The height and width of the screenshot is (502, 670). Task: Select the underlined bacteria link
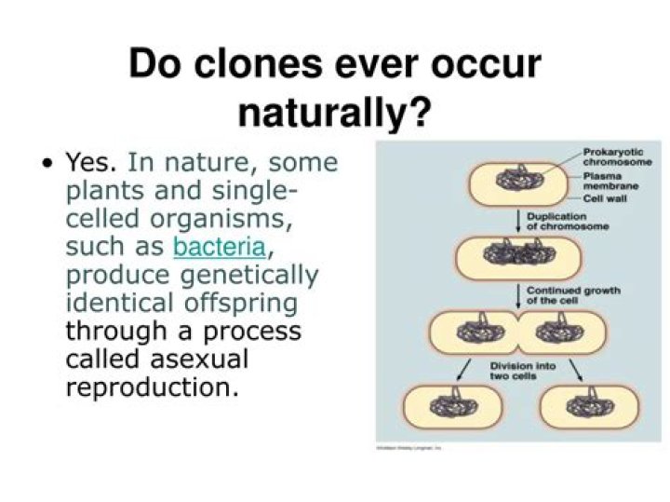tap(220, 247)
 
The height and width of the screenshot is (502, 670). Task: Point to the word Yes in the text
tap(90, 163)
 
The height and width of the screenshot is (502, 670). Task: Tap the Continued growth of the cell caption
tap(573, 295)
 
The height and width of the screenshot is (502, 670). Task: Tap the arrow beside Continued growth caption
tap(517, 295)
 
